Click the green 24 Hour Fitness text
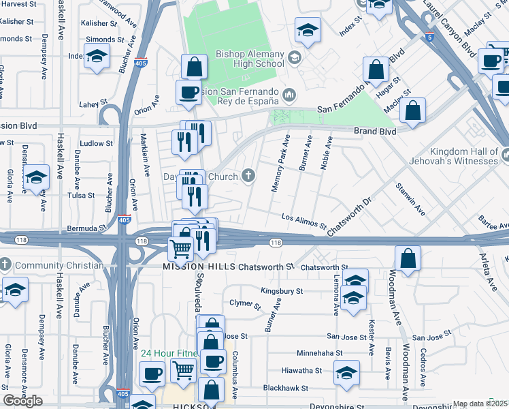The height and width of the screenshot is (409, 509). tap(169, 353)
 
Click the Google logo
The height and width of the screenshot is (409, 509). tap(22, 401)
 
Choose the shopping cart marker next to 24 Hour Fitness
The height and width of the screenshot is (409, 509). tap(182, 371)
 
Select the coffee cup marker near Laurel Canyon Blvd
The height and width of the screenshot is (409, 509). tap(490, 61)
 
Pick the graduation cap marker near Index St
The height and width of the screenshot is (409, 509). tap(308, 30)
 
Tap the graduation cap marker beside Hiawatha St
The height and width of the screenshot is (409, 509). tap(347, 373)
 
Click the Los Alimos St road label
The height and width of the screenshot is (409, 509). tap(305, 220)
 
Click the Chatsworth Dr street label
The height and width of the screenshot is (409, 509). tap(350, 217)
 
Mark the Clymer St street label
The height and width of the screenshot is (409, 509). tap(245, 303)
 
